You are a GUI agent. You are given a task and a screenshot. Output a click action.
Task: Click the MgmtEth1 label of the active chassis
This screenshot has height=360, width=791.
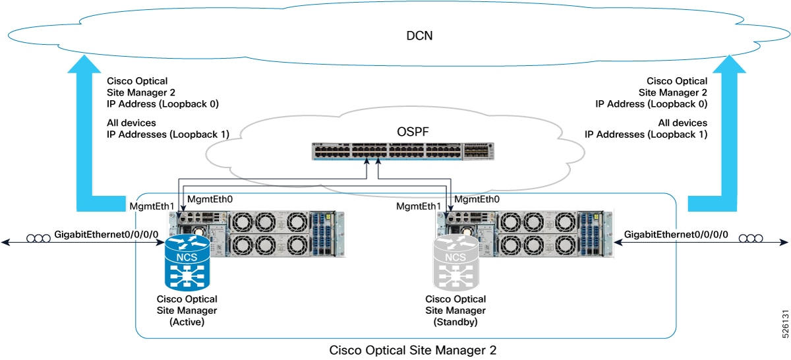pyautogui.click(x=152, y=206)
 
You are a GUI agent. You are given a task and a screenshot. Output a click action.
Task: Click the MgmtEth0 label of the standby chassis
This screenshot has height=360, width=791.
pyautogui.click(x=477, y=198)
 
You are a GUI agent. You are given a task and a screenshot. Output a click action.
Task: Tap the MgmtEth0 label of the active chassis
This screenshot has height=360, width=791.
pyautogui.click(x=210, y=198)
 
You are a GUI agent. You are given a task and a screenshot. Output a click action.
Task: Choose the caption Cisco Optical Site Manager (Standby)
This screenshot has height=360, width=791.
pyautogui.click(x=455, y=311)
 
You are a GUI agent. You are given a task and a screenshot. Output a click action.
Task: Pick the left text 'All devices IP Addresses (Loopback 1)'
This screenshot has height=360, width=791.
pyautogui.click(x=167, y=129)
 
